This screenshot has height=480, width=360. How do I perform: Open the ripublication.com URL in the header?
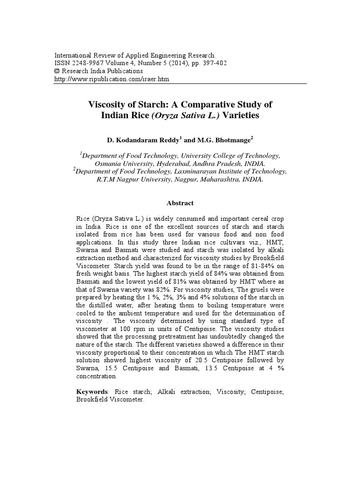(x=112, y=79)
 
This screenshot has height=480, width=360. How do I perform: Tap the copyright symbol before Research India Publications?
(x=57, y=71)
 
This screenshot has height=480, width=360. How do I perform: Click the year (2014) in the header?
(x=166, y=63)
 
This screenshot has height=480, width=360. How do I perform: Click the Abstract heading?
(x=180, y=203)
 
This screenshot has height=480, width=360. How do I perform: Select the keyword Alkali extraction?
(x=181, y=391)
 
